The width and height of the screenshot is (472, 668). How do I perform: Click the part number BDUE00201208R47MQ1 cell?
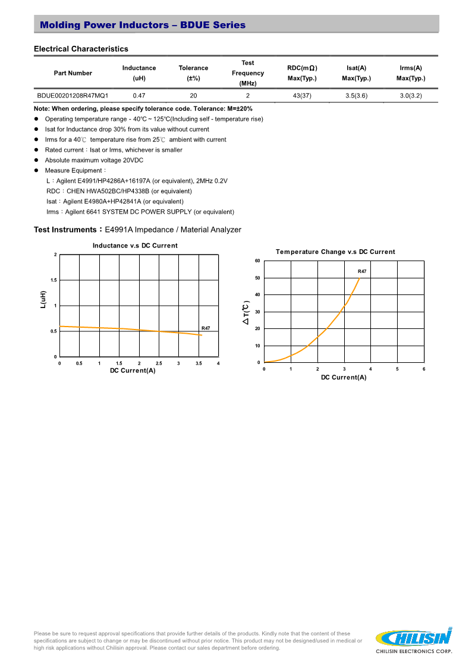click(x=73, y=95)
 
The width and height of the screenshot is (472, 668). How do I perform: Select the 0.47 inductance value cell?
click(x=139, y=95)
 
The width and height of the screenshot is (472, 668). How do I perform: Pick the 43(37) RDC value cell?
click(x=302, y=95)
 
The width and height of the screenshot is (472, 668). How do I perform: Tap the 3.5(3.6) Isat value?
click(x=357, y=95)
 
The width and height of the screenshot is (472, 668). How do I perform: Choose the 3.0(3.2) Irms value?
click(x=410, y=95)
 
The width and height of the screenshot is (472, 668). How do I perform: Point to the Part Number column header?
click(x=73, y=73)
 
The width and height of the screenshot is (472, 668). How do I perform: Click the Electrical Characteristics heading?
click(x=81, y=49)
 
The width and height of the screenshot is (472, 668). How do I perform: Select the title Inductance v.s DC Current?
click(x=135, y=246)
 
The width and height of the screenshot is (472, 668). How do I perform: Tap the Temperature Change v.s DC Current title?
click(x=335, y=252)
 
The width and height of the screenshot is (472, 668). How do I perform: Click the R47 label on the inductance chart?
click(x=206, y=328)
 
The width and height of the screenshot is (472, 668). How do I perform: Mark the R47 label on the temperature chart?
click(x=362, y=271)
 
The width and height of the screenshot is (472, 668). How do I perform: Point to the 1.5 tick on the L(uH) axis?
click(x=54, y=280)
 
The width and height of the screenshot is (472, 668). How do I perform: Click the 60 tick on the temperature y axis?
click(x=257, y=261)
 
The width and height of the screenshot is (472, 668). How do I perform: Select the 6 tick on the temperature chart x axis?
click(x=424, y=369)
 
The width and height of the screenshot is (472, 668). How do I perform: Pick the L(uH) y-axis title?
click(x=43, y=299)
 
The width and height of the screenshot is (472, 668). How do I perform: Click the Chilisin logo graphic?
click(x=414, y=637)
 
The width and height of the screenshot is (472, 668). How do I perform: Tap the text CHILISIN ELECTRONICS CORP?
click(x=414, y=652)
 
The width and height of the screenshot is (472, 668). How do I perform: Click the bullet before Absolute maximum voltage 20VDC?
click(x=36, y=161)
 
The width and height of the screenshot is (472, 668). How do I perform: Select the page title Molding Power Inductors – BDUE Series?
click(x=143, y=25)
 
